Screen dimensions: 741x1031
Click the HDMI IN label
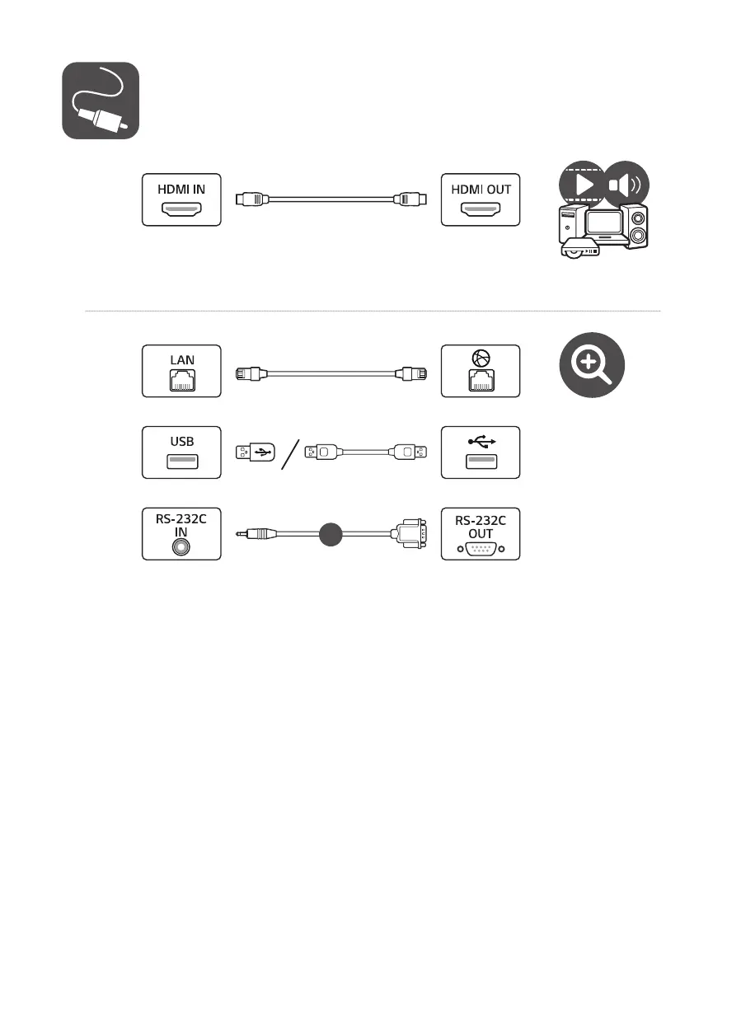click(x=181, y=189)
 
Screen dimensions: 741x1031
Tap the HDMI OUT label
click(x=481, y=189)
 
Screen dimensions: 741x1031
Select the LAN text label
click(x=181, y=360)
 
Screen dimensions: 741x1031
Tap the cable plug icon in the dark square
click(x=101, y=100)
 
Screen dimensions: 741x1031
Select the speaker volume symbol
click(x=626, y=184)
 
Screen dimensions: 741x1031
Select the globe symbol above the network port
click(x=481, y=359)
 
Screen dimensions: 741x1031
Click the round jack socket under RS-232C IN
click(x=181, y=546)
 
